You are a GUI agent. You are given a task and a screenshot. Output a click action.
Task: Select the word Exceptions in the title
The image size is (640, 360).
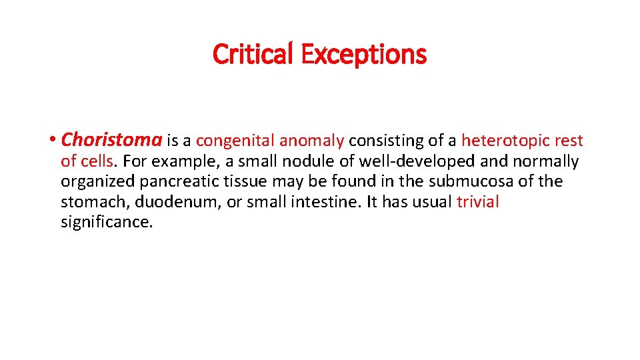point(363,54)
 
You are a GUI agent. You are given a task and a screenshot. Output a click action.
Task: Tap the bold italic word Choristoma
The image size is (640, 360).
point(111,141)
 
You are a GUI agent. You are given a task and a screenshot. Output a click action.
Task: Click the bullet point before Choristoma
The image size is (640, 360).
point(53,141)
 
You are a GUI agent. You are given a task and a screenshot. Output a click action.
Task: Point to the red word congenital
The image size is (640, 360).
point(235,141)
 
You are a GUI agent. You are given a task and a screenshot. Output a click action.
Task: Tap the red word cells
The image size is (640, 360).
point(98,161)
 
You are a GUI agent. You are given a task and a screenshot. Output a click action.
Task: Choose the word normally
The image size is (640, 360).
point(547,161)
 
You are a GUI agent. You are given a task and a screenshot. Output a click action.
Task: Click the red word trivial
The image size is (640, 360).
point(477,202)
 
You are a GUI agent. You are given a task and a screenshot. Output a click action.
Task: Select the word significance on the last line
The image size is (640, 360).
point(107,222)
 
